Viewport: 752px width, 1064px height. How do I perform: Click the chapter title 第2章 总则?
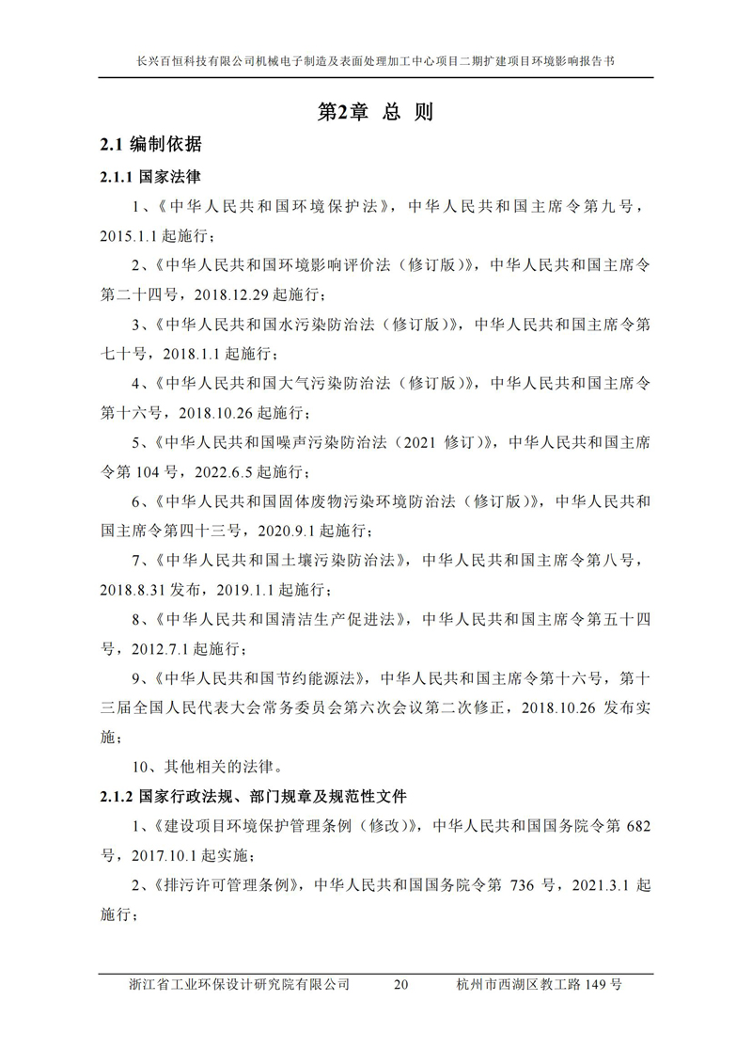coord(375,112)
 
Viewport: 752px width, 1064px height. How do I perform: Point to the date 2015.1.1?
coord(130,234)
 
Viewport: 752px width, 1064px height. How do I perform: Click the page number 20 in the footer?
coord(401,985)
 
